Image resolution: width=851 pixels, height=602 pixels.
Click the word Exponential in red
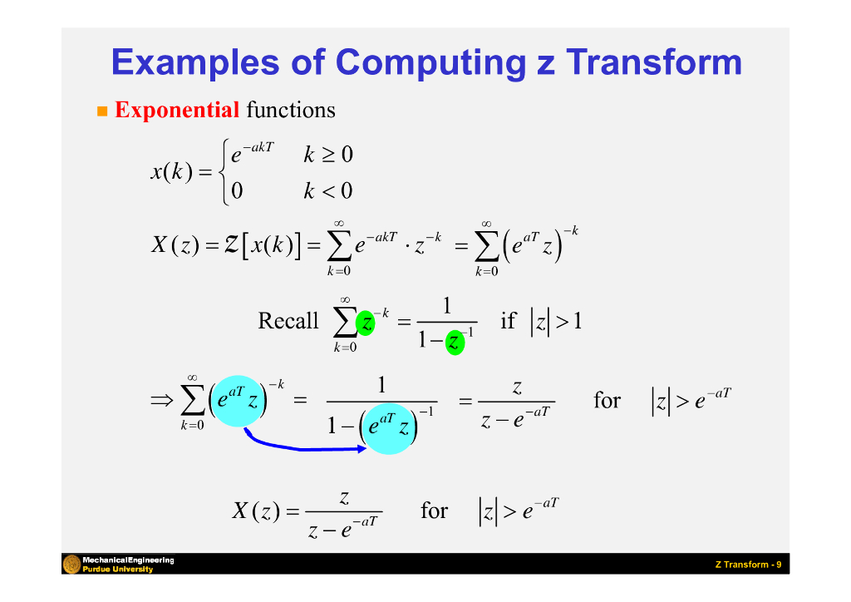[x=177, y=110]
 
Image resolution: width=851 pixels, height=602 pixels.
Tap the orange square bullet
[x=103, y=111]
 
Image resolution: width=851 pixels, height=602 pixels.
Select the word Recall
[x=288, y=321]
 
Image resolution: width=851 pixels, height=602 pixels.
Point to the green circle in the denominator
[x=455, y=341]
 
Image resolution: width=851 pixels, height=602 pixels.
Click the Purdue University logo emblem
[x=71, y=565]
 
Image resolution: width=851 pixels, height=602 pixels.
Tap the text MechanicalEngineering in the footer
[x=128, y=560]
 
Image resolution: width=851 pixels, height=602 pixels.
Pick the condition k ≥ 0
[x=327, y=155]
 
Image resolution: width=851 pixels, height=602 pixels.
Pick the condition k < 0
[x=327, y=191]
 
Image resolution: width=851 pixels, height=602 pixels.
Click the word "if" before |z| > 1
[x=508, y=321]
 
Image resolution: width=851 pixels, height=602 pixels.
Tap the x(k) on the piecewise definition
[x=172, y=173]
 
